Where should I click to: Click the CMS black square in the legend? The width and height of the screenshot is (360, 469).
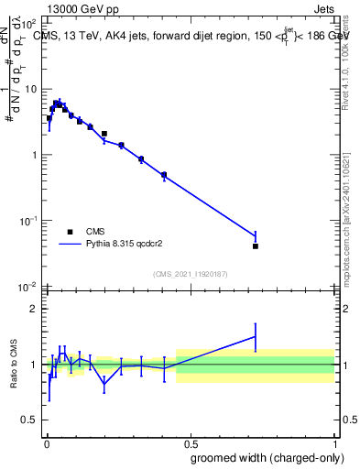click(70, 232)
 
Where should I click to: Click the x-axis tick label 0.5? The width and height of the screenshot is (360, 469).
click(190, 440)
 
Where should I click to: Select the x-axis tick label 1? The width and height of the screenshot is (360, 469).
click(334, 440)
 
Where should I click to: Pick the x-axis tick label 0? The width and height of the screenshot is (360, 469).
click(46, 440)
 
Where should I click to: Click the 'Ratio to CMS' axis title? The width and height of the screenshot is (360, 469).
click(15, 365)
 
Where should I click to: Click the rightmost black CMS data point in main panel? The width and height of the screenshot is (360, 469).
click(256, 246)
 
